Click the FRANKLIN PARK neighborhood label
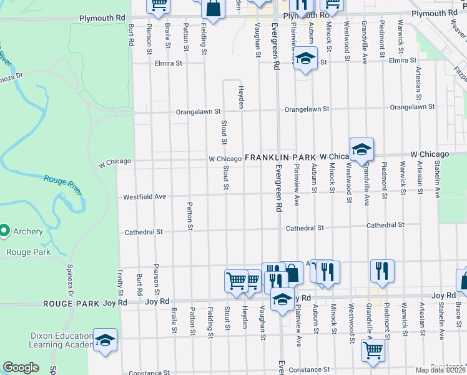coord(280,158)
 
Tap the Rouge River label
coord(62,184)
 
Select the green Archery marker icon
coord(4,231)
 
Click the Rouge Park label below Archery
coord(27,252)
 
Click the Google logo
coord(21,367)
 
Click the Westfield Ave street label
coord(144,196)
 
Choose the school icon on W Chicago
coord(361,149)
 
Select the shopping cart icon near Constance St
coord(373,351)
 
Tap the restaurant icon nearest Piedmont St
coord(381,271)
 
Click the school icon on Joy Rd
coord(282,299)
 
